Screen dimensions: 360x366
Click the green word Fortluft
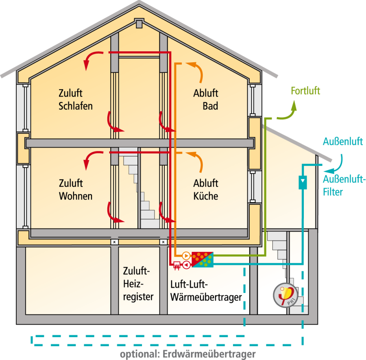(x=305, y=90)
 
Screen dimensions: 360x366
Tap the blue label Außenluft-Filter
(x=344, y=185)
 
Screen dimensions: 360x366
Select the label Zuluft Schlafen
(x=76, y=100)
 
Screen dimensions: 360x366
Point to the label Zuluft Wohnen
(x=76, y=189)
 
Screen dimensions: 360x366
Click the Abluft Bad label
(x=206, y=100)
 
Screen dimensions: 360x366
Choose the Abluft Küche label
(x=206, y=189)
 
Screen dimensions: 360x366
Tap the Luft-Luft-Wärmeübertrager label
(x=206, y=290)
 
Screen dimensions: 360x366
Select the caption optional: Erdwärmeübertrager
(x=187, y=353)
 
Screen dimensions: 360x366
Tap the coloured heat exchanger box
(x=202, y=259)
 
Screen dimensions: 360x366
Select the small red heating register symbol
(x=176, y=265)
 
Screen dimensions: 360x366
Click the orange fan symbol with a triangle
(x=186, y=255)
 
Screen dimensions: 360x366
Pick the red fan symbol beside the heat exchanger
(x=186, y=265)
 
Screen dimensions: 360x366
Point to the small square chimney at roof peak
(x=139, y=24)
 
